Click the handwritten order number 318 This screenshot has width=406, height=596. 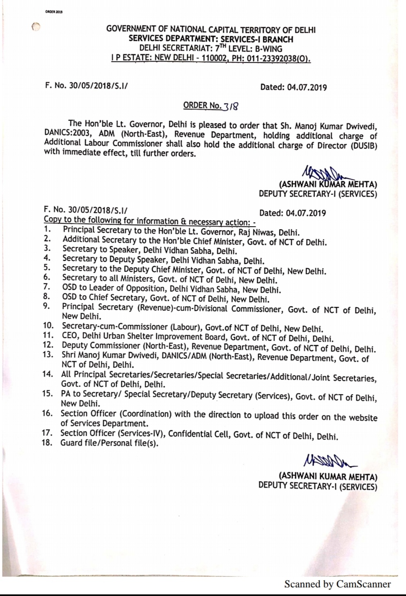[231, 107]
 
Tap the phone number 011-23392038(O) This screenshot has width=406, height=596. [279, 58]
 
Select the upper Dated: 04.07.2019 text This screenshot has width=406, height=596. [293, 87]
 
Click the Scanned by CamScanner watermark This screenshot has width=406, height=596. [337, 584]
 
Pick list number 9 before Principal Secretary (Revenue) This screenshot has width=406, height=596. [46, 306]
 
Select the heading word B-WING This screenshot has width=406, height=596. [268, 49]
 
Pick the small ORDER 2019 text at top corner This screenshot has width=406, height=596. [53, 12]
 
